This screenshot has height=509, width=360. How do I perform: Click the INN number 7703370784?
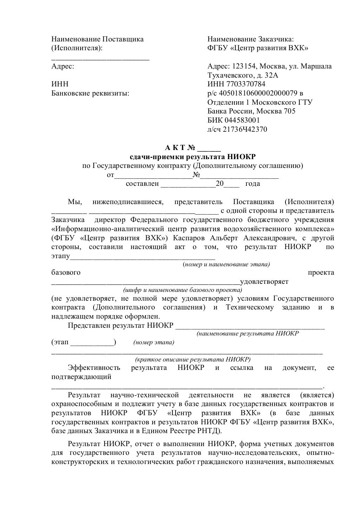coord(246,84)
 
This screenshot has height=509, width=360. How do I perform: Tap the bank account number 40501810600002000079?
coord(258,93)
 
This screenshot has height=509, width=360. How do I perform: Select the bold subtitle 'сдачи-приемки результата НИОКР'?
coord(193,156)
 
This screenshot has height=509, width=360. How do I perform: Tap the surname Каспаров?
coord(188,238)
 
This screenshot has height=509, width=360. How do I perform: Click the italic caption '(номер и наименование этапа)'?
coord(226,264)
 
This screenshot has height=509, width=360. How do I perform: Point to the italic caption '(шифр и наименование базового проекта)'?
coord(182,290)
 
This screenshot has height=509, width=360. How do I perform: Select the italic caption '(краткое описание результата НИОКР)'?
coord(193,359)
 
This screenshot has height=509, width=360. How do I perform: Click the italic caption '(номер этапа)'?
coord(154,342)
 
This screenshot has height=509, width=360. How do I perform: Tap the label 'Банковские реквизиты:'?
coord(90,93)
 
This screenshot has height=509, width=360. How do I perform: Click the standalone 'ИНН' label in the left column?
coord(60,84)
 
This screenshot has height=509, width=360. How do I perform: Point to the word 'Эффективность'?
coord(94,368)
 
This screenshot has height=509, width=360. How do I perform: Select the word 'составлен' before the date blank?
coord(142,184)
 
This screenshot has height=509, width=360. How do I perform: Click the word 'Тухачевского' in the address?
coord(229,75)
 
